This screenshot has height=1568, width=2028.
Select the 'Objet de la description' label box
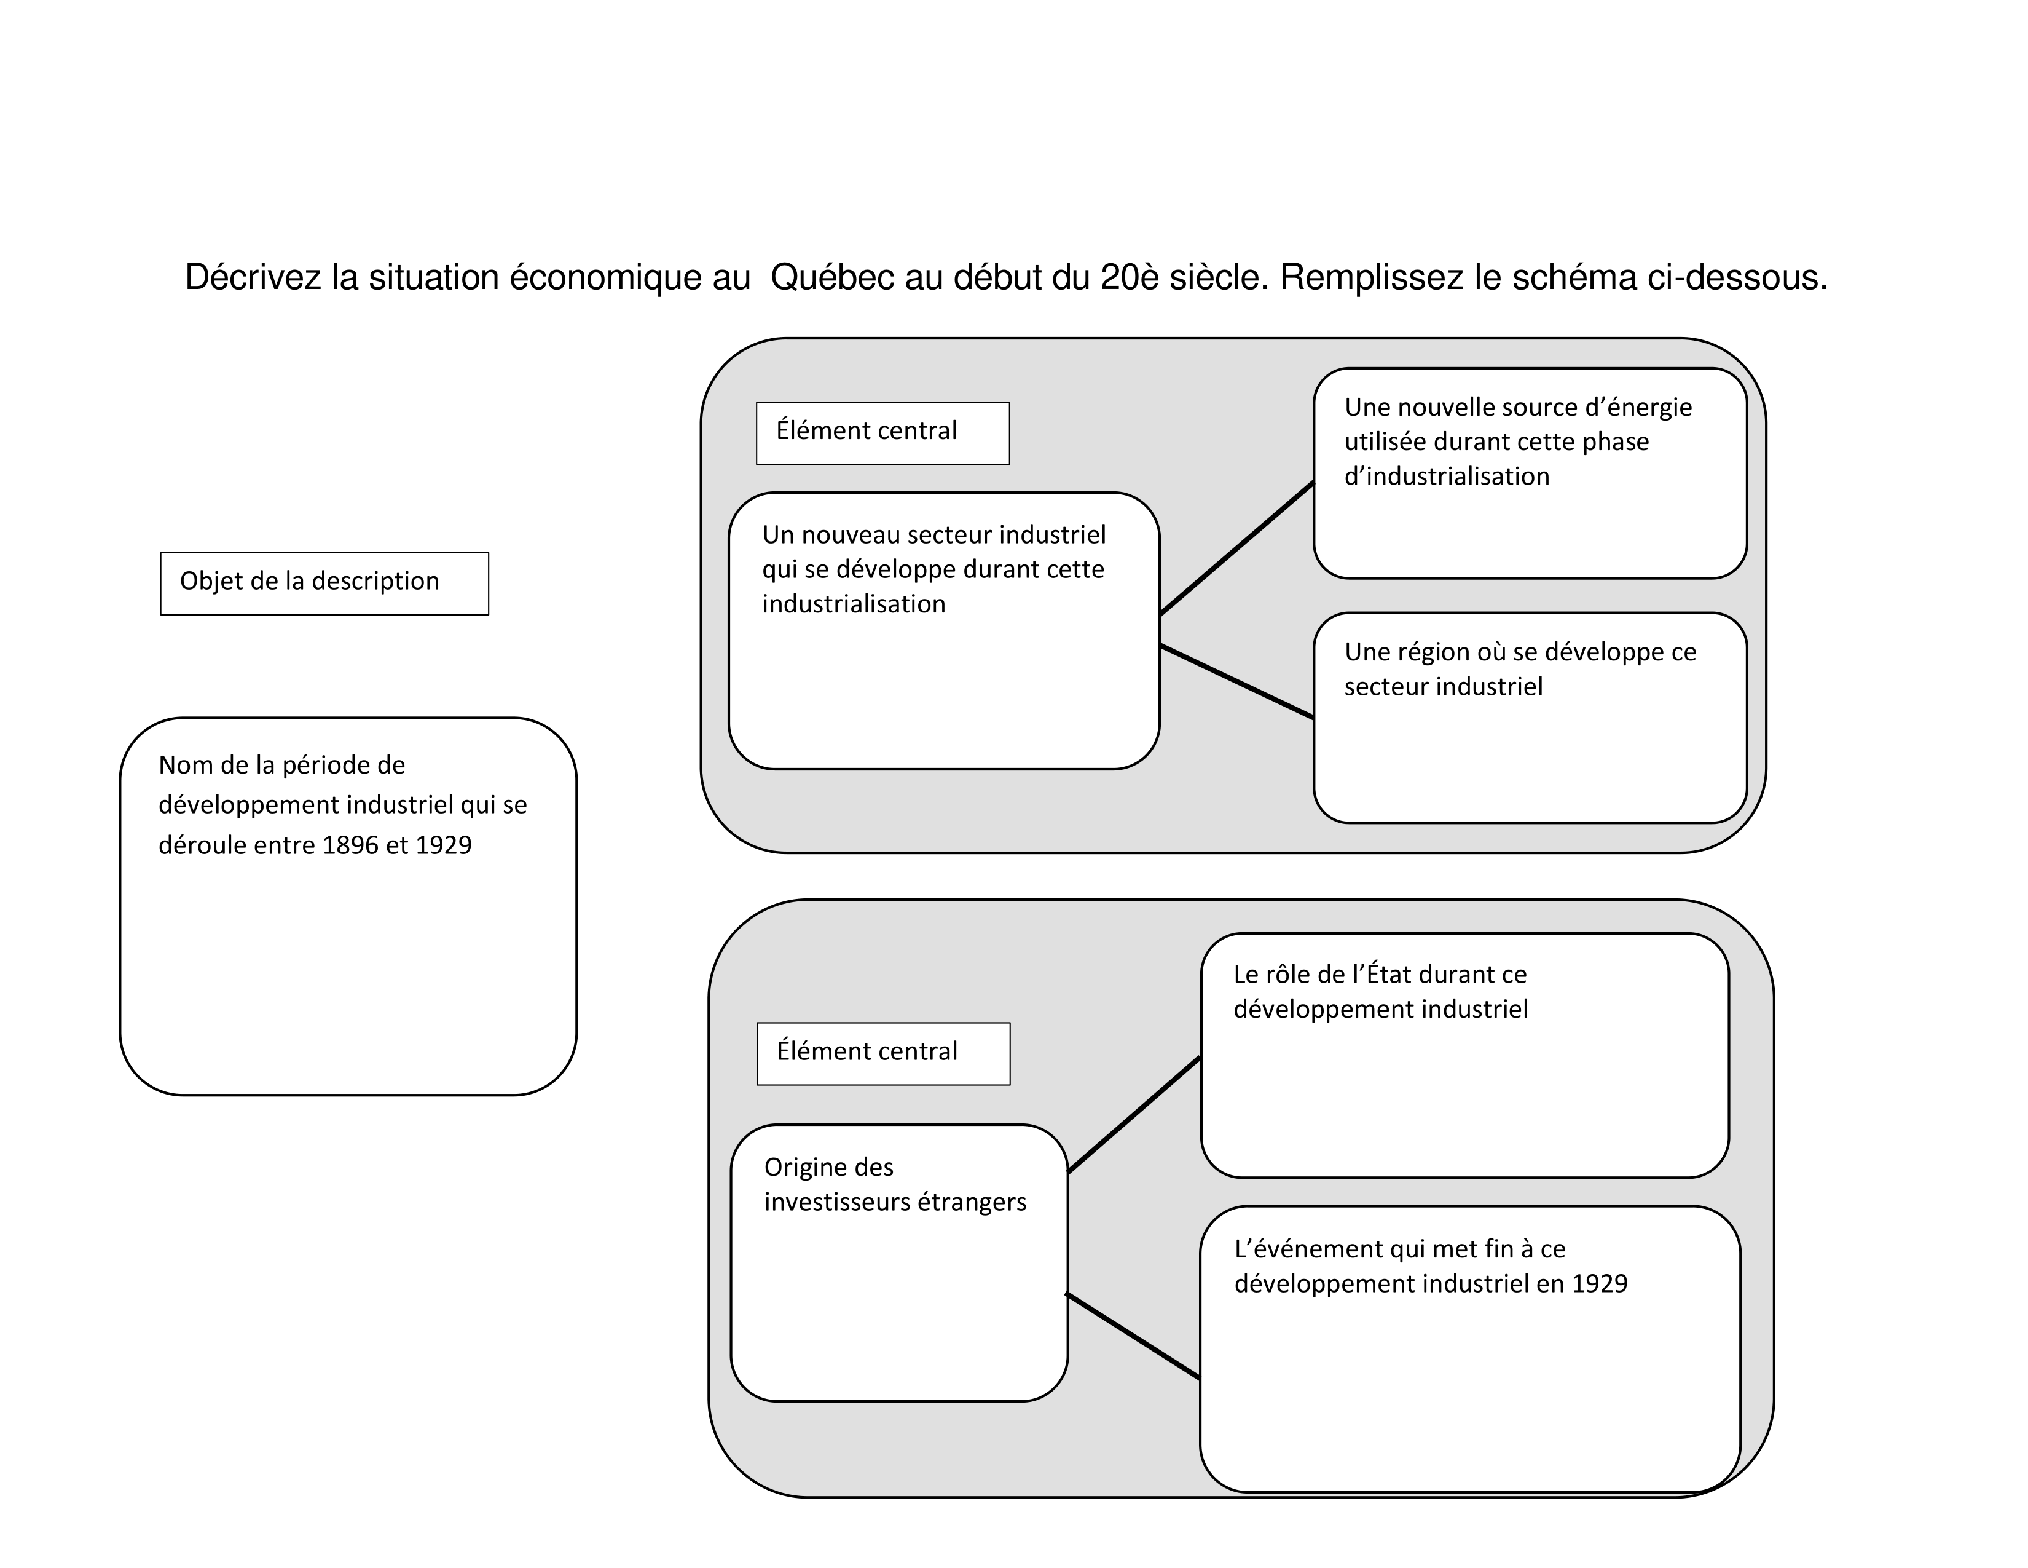324,584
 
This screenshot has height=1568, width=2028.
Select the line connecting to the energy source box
1237,548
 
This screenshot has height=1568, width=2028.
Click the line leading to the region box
1237,681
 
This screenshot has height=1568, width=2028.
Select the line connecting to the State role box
1134,1115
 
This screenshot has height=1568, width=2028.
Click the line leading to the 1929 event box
1133,1335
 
